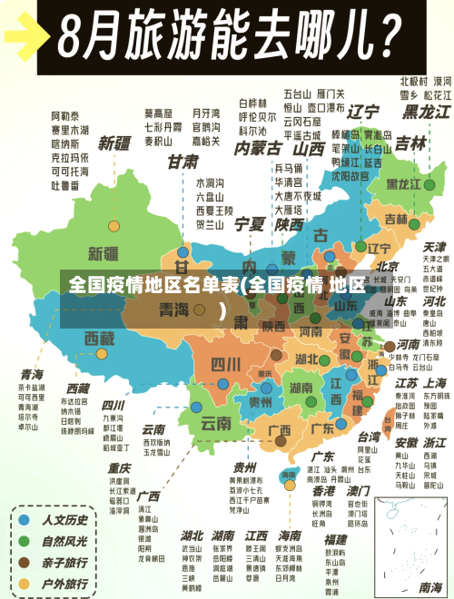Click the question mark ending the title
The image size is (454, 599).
pyautogui.click(x=385, y=36)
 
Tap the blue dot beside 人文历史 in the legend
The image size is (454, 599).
pyautogui.click(x=25, y=520)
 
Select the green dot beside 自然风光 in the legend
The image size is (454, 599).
pyautogui.click(x=25, y=542)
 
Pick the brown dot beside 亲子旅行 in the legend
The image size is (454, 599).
pyautogui.click(x=25, y=564)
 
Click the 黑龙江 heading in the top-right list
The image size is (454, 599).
pyautogui.click(x=426, y=112)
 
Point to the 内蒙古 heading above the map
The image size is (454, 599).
pyautogui.click(x=258, y=147)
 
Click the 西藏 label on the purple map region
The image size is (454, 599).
pyautogui.click(x=100, y=338)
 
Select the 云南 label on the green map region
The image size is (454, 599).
pyautogui.click(x=216, y=422)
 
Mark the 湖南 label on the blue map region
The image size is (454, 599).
pyautogui.click(x=276, y=388)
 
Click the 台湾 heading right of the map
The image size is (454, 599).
pyautogui.click(x=369, y=435)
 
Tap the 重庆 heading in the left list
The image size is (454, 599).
pyautogui.click(x=119, y=467)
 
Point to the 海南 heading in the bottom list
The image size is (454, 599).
pyautogui.click(x=290, y=535)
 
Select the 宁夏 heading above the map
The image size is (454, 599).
pyautogui.click(x=250, y=222)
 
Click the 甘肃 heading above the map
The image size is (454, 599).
pyautogui.click(x=183, y=162)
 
